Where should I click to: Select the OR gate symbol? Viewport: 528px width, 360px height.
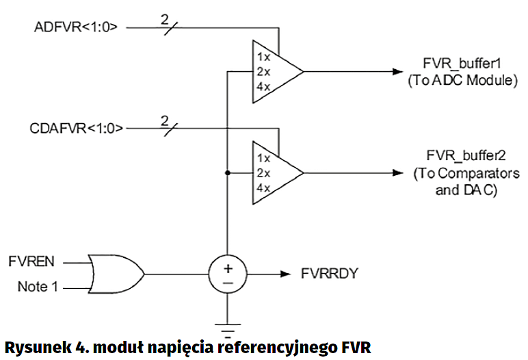coord(115,274)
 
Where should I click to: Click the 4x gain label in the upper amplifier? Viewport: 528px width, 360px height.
coord(263,87)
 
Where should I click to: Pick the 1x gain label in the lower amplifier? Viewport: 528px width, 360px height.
coord(263,157)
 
